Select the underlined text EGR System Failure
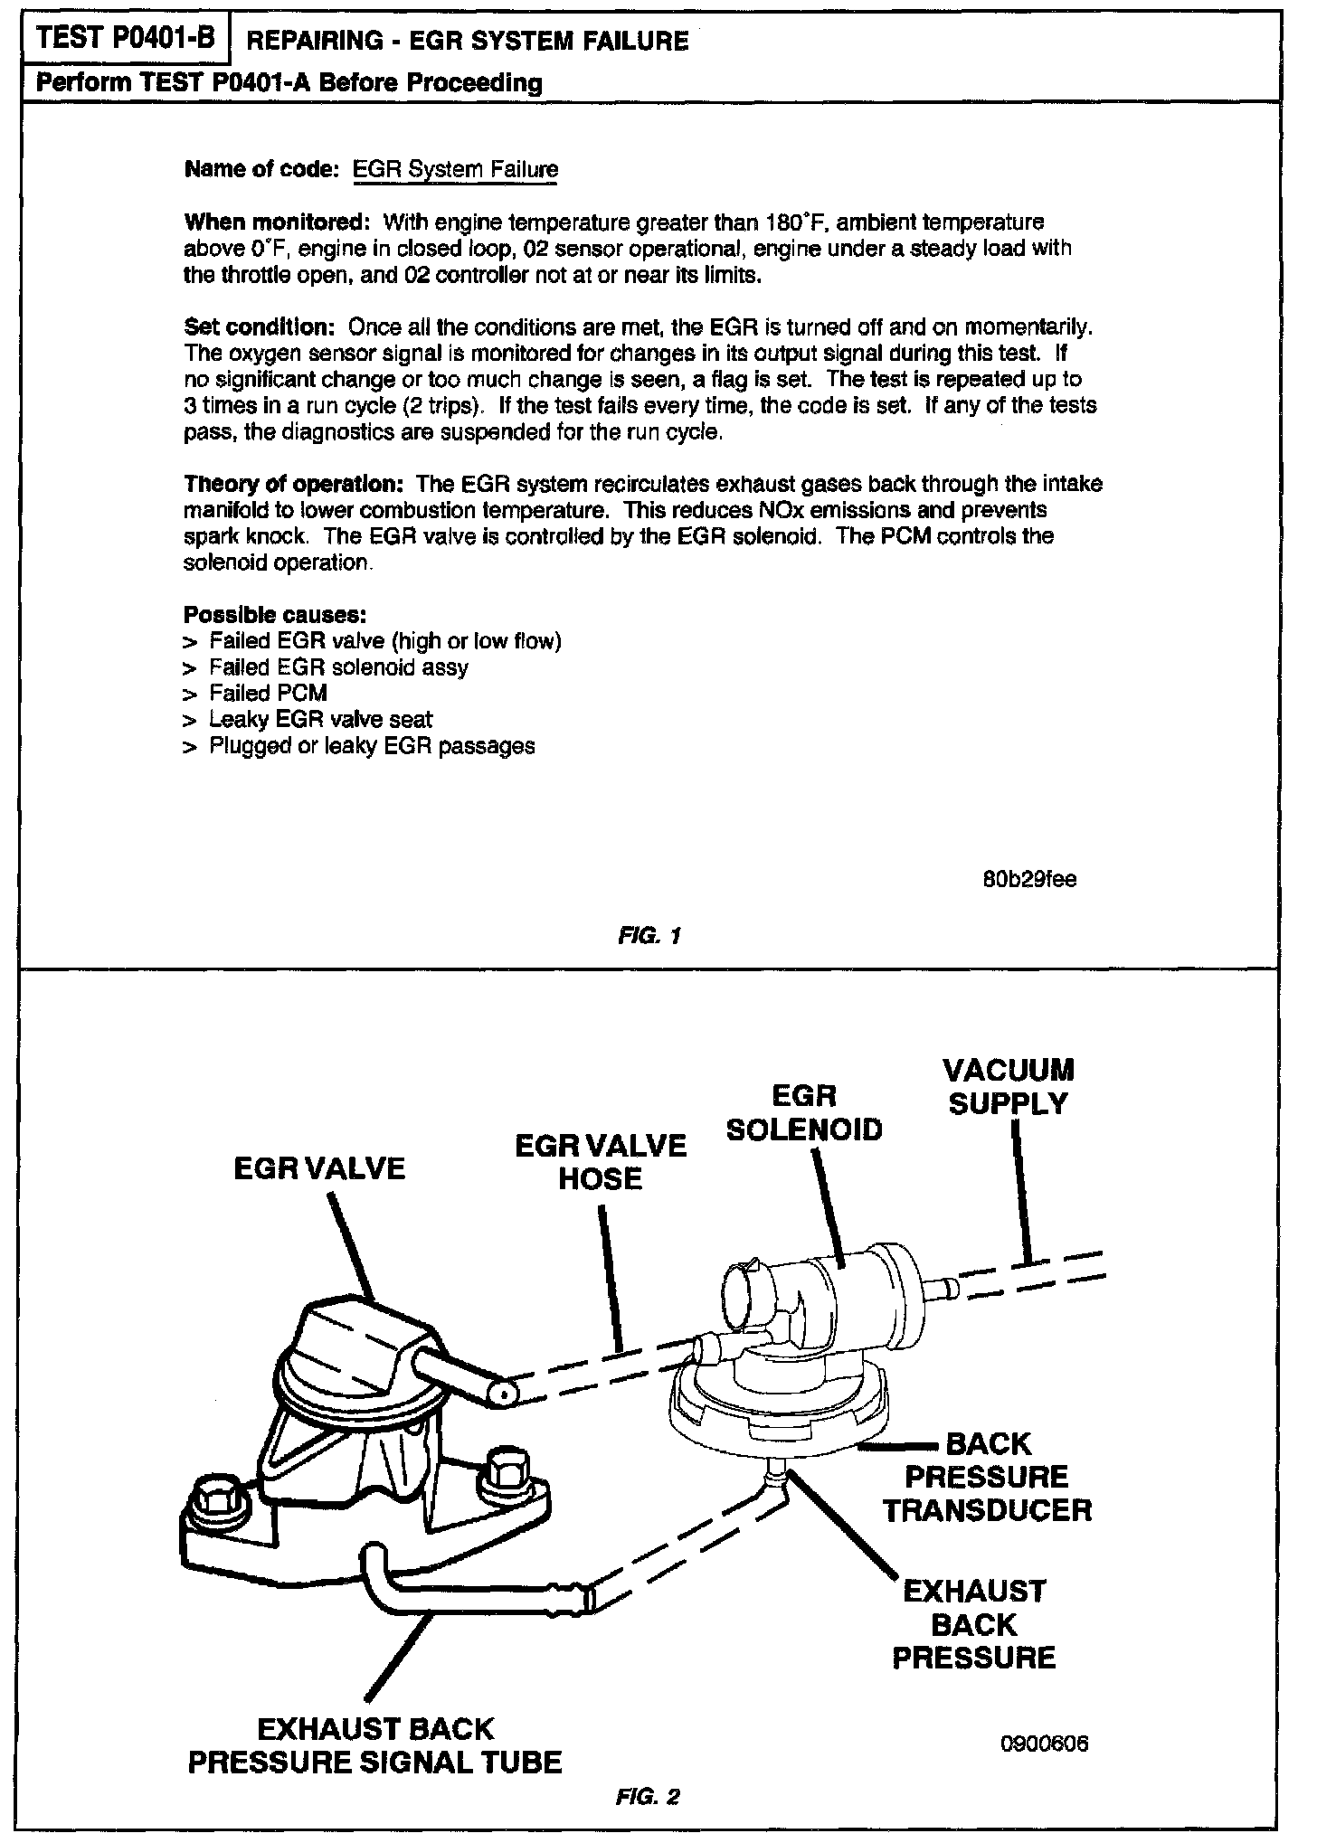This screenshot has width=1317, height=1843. pyautogui.click(x=454, y=169)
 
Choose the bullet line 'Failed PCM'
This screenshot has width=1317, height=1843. pyautogui.click(x=268, y=694)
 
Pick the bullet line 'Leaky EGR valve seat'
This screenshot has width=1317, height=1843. pyautogui.click(x=320, y=720)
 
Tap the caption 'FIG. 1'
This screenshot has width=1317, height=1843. pyautogui.click(x=646, y=936)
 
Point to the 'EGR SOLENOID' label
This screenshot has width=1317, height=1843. pyautogui.click(x=804, y=1113)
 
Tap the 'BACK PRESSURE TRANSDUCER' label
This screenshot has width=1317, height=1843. pyautogui.click(x=988, y=1478)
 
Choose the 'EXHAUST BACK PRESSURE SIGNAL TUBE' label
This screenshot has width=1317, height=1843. pyautogui.click(x=374, y=1745)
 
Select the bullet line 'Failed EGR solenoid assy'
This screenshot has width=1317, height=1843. pyautogui.click(x=338, y=667)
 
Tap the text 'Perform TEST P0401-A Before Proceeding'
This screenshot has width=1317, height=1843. pyautogui.click(x=289, y=84)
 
